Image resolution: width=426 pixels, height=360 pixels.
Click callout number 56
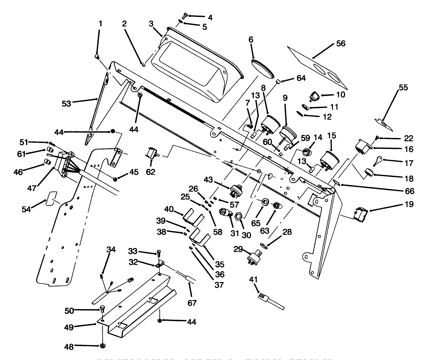[x=341, y=44]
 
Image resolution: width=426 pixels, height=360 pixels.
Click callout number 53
[x=66, y=103]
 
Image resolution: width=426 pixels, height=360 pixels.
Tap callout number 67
[x=192, y=303]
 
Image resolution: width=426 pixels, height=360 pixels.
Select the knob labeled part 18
[x=369, y=173]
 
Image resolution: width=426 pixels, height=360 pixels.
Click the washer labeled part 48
[x=103, y=346]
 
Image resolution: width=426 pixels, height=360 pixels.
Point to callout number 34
[x=111, y=249]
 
